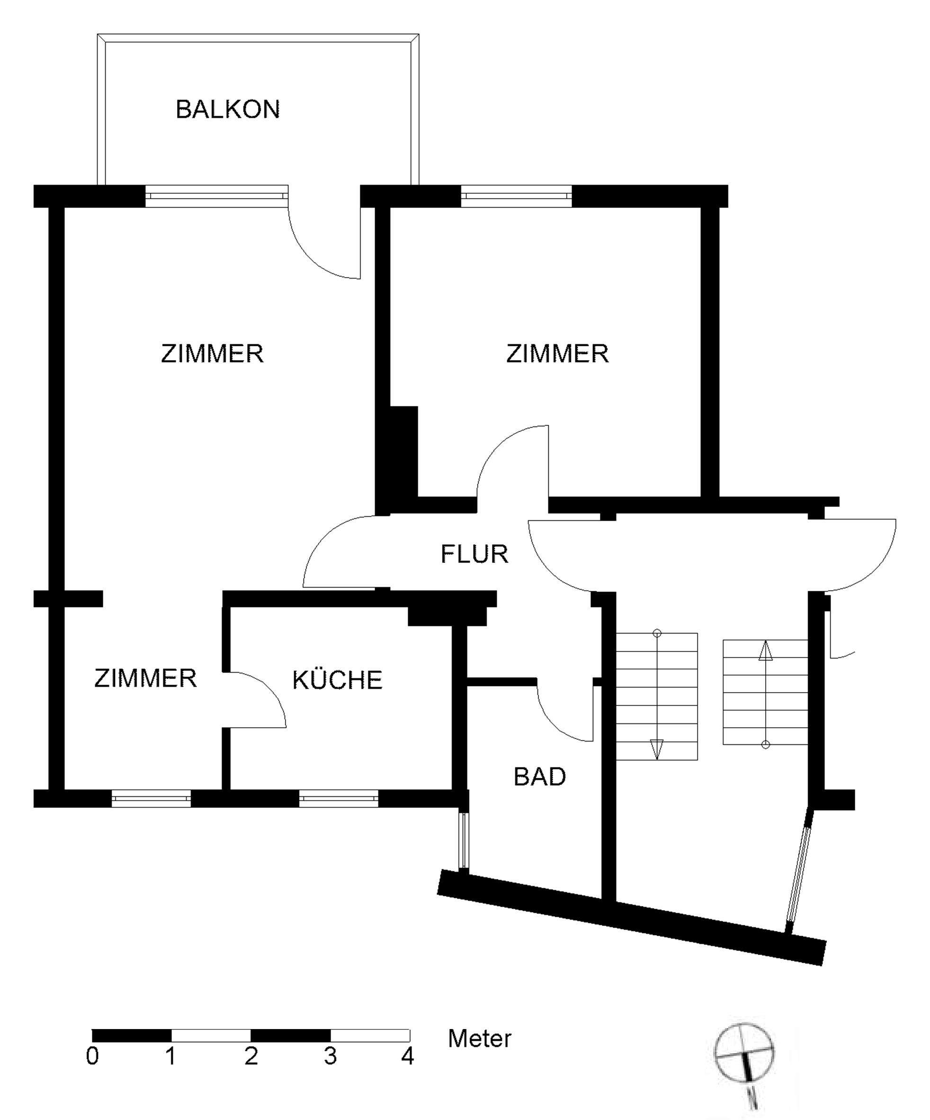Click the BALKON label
[228, 109]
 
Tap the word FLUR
[474, 554]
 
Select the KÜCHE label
[337, 680]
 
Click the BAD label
[539, 777]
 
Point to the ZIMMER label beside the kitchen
[145, 678]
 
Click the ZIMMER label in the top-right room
[557, 353]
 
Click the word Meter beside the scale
[479, 1039]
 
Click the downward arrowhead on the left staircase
[657, 748]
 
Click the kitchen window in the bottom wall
[339, 799]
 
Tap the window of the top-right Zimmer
[515, 196]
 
